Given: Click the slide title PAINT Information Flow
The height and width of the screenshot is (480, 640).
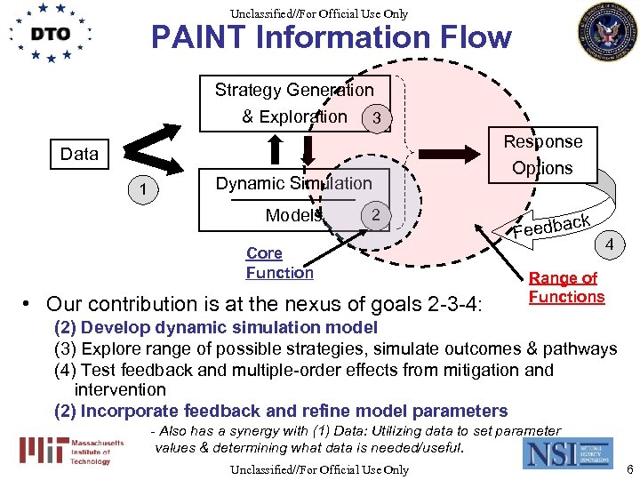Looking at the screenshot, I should pos(331,37).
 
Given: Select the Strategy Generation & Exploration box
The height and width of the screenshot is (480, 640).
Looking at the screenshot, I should pos(293,103).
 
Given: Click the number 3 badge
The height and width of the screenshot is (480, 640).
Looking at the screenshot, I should pos(377,118).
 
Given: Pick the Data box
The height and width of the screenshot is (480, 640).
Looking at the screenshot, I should pos(79,154).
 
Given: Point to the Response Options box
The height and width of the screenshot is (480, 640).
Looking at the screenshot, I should pos(542,155).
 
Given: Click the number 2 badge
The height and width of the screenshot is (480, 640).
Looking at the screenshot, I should pos(376,215).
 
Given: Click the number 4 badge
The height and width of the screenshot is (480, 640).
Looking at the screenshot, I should pos(609,242).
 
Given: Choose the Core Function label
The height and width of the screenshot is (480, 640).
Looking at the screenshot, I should pos(279,263).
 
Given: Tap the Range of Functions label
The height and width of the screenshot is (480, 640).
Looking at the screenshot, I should pos(566,288).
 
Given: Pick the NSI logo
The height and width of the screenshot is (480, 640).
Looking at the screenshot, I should pos(567,451).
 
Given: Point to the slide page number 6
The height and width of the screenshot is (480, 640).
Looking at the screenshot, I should pos(628,468).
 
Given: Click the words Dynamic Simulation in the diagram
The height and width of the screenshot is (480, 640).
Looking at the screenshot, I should pos(293,184).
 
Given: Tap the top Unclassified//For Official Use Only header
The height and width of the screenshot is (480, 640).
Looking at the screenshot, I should pos(318,12).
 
